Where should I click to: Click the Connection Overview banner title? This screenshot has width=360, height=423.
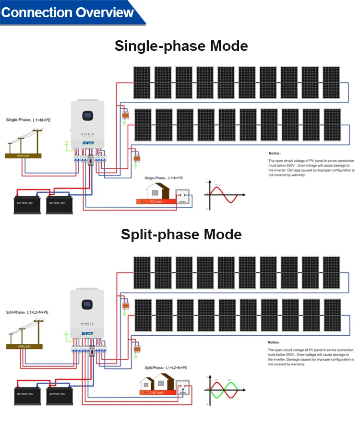click(x=68, y=12)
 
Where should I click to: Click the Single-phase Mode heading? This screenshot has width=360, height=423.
click(x=181, y=46)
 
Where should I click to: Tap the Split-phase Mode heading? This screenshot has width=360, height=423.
click(x=181, y=235)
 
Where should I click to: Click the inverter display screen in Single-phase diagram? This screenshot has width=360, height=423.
click(x=87, y=115)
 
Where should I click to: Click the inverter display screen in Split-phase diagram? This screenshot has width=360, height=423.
click(x=87, y=304)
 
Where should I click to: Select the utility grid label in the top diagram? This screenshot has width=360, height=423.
click(x=24, y=155)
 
